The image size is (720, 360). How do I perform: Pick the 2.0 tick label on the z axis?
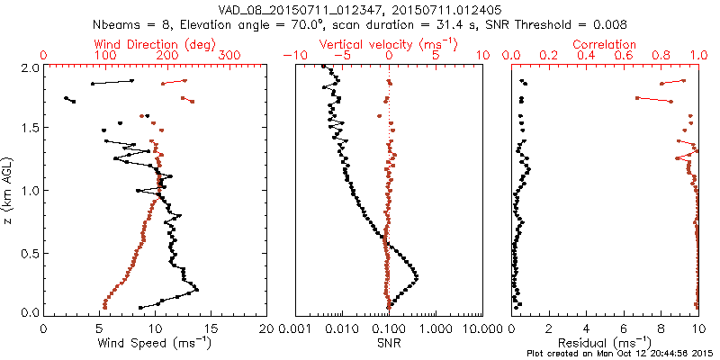29,67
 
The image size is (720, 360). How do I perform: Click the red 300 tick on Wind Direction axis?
229,56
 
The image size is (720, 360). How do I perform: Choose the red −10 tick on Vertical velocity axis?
293,56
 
